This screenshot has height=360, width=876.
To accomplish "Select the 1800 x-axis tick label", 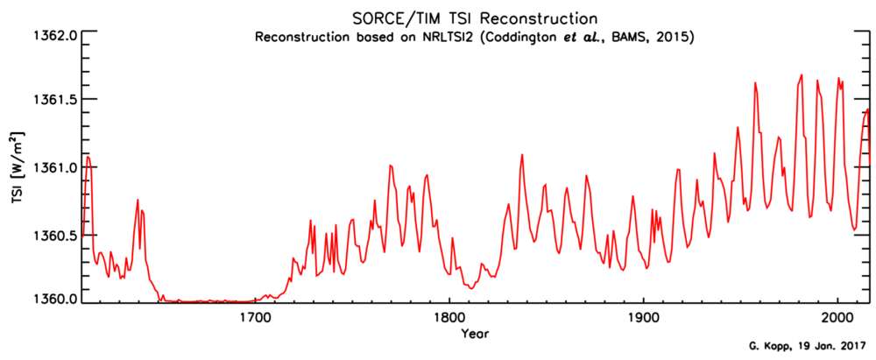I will point(449,318).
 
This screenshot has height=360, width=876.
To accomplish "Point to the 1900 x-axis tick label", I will point(643,318).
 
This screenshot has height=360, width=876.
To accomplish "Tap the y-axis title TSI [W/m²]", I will point(18,167).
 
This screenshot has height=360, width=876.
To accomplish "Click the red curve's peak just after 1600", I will point(88,157).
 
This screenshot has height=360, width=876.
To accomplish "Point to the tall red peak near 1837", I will point(522,154).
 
